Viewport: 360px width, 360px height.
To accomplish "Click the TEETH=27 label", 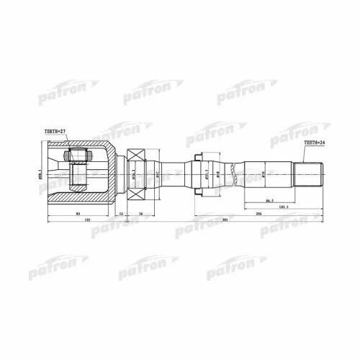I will [x=55, y=131].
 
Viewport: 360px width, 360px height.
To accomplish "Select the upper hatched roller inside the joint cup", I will [x=78, y=155].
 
